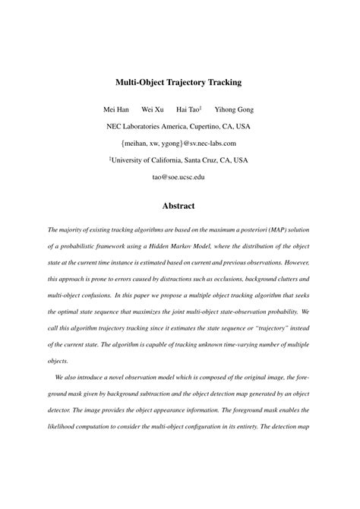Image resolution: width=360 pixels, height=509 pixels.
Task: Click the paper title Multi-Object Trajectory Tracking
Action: (179, 80)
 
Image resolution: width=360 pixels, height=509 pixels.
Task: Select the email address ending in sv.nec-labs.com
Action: (179, 143)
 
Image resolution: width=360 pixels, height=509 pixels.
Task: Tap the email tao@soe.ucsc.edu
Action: (179, 177)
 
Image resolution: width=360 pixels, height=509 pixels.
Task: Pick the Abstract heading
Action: (179, 206)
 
